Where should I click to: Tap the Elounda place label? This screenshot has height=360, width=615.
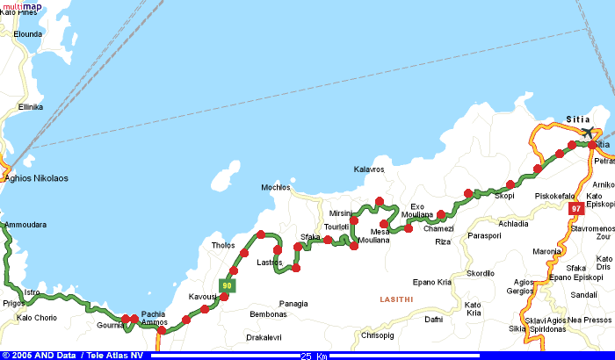(x=27, y=34)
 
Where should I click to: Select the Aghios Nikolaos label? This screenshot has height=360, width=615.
(x=36, y=178)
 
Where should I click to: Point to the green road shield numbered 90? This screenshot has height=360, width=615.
(x=228, y=284)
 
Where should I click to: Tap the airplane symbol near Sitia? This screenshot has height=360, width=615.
(x=587, y=133)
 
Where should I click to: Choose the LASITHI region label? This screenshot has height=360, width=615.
(x=396, y=299)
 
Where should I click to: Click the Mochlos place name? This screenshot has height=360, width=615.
(x=276, y=188)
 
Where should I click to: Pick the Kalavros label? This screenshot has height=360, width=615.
(x=369, y=169)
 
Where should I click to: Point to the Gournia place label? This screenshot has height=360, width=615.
(x=110, y=326)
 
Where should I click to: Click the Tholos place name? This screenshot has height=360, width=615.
(x=223, y=246)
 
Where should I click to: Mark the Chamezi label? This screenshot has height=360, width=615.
(x=438, y=229)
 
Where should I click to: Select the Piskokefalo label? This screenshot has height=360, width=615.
(x=554, y=196)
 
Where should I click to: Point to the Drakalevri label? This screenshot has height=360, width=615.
(x=264, y=337)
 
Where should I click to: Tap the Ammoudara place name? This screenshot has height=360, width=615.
(x=25, y=225)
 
